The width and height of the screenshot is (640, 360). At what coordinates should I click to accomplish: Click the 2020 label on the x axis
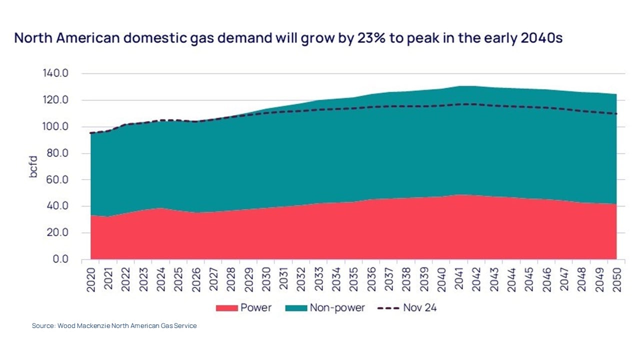point(91,278)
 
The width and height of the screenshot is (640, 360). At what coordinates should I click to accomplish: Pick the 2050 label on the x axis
point(617,278)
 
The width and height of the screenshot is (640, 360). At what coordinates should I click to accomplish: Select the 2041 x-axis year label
point(459,278)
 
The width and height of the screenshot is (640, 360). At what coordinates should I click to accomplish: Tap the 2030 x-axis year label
point(266,278)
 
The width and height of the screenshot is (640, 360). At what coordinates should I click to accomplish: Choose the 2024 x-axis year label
point(161,278)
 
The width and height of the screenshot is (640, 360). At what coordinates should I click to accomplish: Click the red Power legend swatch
point(226,308)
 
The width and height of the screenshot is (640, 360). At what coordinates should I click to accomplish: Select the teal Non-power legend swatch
point(295,308)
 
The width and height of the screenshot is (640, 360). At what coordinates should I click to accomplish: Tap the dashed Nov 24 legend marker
point(388,308)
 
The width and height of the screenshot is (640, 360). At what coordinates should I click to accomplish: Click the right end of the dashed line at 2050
point(616,113)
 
